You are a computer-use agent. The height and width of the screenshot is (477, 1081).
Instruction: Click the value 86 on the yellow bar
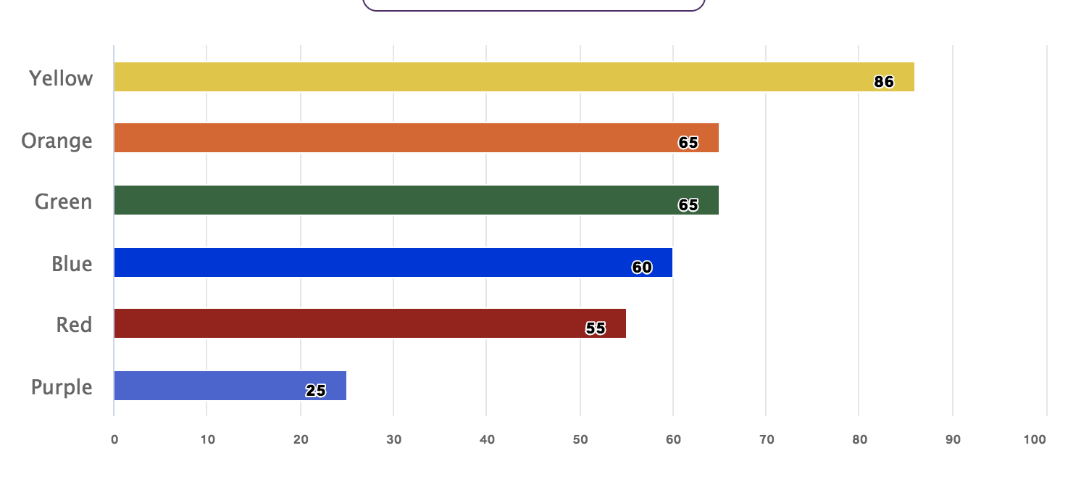pos(884,82)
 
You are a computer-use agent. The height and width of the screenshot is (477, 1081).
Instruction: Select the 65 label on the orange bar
pos(688,143)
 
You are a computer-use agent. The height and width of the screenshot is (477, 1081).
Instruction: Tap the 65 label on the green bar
pos(688,205)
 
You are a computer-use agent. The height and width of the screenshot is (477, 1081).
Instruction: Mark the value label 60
pos(642,267)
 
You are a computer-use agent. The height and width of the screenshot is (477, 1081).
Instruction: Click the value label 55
pos(596,328)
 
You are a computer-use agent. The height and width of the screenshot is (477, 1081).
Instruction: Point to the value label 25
pos(316,391)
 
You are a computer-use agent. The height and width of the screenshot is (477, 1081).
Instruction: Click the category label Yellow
pos(61,78)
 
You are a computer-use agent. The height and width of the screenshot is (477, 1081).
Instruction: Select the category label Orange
pos(57,140)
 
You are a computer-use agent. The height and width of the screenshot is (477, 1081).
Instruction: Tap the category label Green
pos(63,202)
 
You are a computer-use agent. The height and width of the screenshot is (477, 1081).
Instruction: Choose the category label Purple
pos(62,387)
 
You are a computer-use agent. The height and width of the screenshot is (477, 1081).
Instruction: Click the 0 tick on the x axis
pos(114,440)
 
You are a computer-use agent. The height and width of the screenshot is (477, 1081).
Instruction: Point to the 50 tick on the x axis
pos(580,440)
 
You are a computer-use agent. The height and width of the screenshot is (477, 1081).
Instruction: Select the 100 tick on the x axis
pos(1035,440)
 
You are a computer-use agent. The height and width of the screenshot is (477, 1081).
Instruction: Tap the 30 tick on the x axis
pos(393,440)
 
